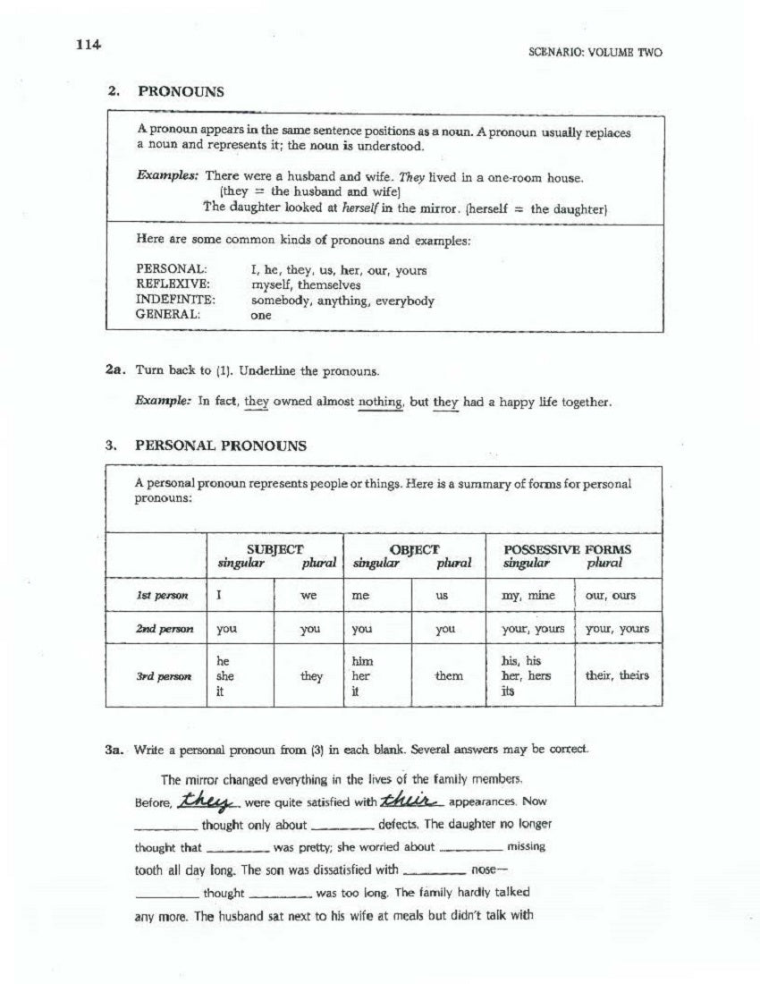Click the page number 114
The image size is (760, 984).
(89, 46)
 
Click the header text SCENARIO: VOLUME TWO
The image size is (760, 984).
(595, 54)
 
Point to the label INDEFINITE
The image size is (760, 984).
(175, 301)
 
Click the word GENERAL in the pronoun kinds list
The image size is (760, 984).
(168, 315)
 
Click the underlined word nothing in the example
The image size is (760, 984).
(380, 403)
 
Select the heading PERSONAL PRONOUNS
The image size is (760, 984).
(220, 445)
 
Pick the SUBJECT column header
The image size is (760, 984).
(274, 549)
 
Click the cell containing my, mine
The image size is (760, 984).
(528, 596)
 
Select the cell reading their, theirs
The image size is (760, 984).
(617, 676)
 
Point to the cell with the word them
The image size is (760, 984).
(448, 676)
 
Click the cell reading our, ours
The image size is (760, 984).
(611, 596)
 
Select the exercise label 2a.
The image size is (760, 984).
(117, 369)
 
